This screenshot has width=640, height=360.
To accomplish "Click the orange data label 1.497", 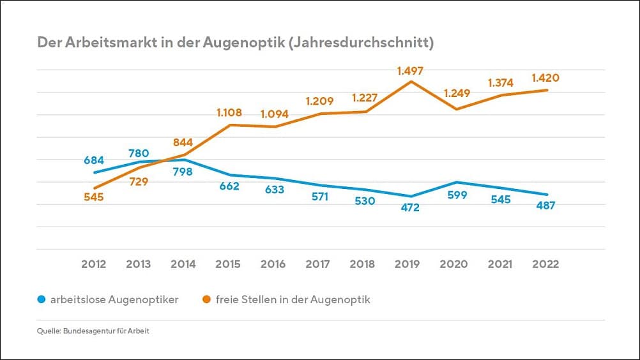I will pyautogui.click(x=410, y=71).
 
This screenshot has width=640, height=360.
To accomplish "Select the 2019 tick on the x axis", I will pyautogui.click(x=410, y=264).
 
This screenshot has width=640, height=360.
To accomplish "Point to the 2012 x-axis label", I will pyautogui.click(x=94, y=264).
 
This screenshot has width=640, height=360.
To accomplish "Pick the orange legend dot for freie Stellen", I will pyautogui.click(x=206, y=299).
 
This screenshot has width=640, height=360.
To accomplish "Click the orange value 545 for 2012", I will pyautogui.click(x=94, y=197).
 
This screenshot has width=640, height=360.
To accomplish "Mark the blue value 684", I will pyautogui.click(x=94, y=160).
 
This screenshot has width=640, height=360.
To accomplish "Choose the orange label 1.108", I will pyautogui.click(x=229, y=113).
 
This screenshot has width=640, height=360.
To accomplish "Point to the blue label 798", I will pyautogui.click(x=183, y=172).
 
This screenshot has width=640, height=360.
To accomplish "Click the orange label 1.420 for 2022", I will pyautogui.click(x=545, y=79).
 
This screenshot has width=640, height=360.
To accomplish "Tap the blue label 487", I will pyautogui.click(x=545, y=206).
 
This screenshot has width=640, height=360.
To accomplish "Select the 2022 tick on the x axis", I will pyautogui.click(x=545, y=264).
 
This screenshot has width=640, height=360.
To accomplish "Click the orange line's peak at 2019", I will pyautogui.click(x=411, y=82).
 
